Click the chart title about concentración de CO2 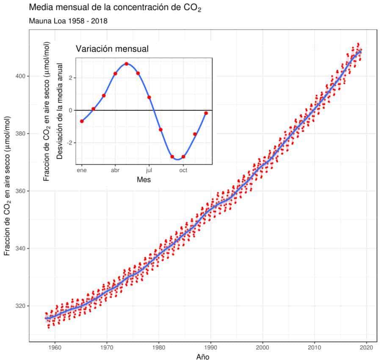114,8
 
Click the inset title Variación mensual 112,49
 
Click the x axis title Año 203,356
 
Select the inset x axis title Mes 144,179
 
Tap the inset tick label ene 81,170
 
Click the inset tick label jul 149,170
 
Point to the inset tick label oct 183,170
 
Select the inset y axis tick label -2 70,143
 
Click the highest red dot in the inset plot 127,64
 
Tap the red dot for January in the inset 82,121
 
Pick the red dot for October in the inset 183,157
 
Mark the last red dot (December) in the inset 206,113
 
